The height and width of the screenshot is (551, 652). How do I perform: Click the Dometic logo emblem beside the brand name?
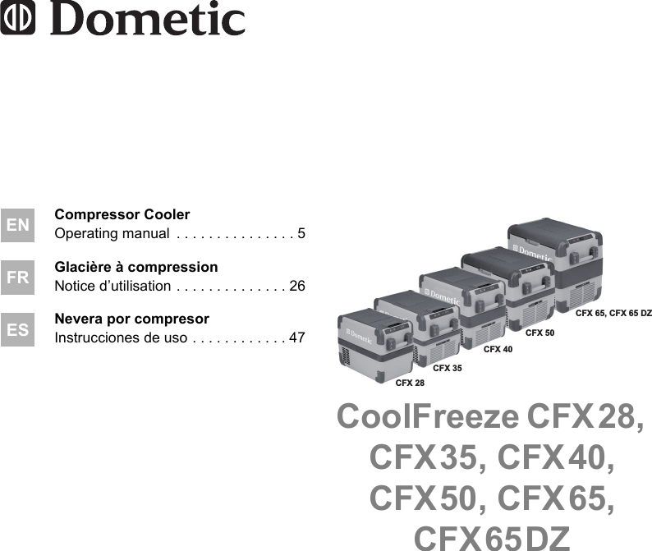(18, 21)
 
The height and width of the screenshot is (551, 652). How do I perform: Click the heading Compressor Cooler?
(122, 215)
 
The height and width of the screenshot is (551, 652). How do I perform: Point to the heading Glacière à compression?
(136, 267)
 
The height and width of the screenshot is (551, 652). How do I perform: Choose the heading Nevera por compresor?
(132, 319)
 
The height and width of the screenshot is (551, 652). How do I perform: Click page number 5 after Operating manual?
(301, 234)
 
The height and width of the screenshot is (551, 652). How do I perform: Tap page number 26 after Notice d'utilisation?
(297, 286)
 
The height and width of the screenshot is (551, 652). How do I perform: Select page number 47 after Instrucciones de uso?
(297, 337)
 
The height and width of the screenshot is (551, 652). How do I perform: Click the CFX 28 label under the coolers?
(410, 383)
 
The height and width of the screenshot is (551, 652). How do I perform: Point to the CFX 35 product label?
(448, 368)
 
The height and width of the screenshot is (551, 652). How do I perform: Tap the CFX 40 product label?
(498, 350)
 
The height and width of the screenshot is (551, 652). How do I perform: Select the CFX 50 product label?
(540, 333)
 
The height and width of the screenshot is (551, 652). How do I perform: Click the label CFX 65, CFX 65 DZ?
(613, 313)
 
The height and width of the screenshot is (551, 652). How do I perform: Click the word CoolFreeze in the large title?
(427, 418)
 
